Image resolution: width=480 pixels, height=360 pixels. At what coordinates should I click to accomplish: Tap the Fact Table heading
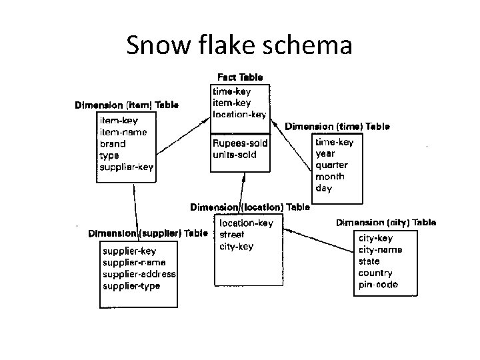click(x=240, y=77)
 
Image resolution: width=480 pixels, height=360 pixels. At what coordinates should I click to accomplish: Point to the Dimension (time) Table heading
click(x=337, y=125)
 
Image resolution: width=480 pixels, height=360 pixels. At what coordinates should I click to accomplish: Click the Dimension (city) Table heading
click(x=386, y=223)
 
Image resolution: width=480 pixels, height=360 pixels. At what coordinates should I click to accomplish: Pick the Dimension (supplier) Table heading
click(x=148, y=233)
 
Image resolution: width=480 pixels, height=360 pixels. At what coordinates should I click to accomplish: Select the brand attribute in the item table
click(x=113, y=143)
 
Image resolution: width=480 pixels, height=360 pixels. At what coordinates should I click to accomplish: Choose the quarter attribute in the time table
click(x=331, y=165)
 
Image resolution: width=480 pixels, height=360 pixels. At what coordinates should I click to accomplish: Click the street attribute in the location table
click(x=232, y=235)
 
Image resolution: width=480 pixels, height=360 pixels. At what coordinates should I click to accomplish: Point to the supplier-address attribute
click(x=139, y=274)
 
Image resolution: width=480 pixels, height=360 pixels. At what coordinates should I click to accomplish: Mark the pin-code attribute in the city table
click(x=378, y=285)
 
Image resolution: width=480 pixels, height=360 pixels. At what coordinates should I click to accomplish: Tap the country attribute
click(x=375, y=273)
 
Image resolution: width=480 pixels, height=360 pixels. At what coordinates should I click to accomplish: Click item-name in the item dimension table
click(x=123, y=132)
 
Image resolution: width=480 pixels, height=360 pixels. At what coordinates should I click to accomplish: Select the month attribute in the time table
click(x=329, y=177)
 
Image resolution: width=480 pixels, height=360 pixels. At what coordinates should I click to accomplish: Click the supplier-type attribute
click(x=131, y=286)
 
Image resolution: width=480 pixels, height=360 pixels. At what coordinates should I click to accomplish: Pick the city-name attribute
click(x=381, y=249)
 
